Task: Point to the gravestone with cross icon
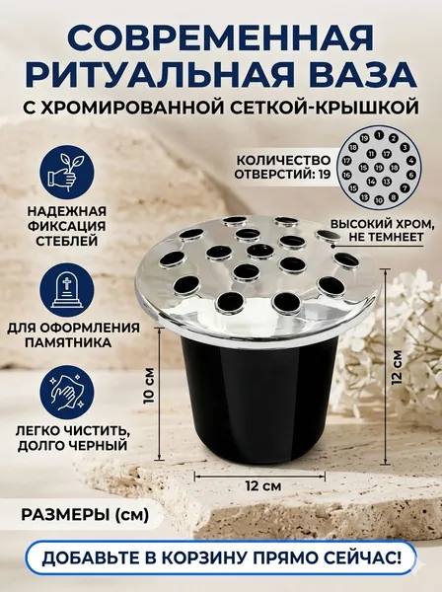tap(66, 288)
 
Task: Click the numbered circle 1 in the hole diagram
tap(379, 135)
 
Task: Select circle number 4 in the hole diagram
tap(411, 160)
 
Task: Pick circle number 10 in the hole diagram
tap(379, 200)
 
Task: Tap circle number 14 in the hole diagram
tap(372, 182)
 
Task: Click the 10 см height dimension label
tap(149, 385)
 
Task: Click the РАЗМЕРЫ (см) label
tap(85, 514)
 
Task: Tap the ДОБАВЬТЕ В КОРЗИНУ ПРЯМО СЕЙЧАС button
tap(221, 558)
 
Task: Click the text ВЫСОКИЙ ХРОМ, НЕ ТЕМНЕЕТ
tap(381, 230)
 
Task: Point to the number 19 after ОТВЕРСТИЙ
tap(324, 175)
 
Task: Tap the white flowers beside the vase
tap(393, 347)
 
